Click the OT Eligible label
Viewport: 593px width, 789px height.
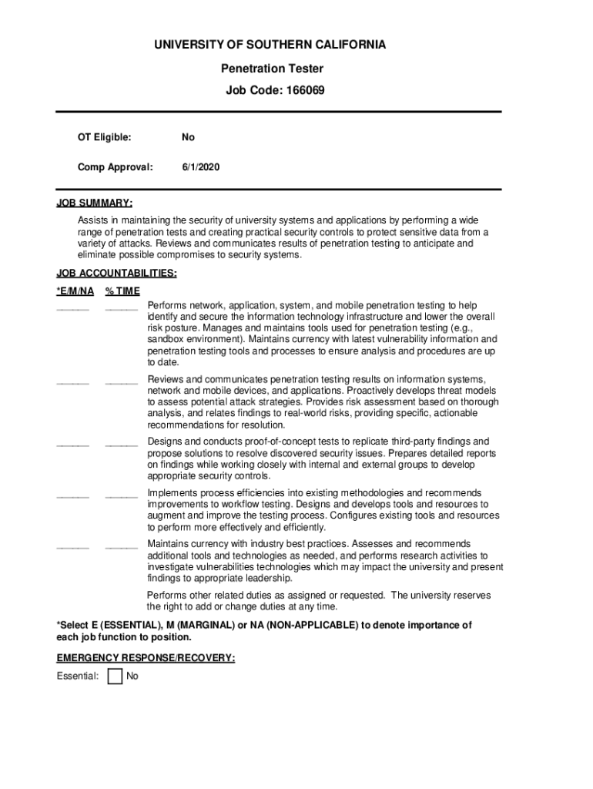click(x=104, y=137)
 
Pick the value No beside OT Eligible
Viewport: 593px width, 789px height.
click(x=188, y=137)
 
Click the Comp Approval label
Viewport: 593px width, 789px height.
click(x=115, y=166)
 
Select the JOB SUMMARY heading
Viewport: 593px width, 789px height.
click(x=94, y=203)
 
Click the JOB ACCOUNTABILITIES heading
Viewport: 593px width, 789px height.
click(x=116, y=274)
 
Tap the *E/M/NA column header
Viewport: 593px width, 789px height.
click(x=75, y=290)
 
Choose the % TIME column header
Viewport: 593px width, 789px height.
click(x=122, y=290)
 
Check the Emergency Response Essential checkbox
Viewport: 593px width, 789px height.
click(x=115, y=677)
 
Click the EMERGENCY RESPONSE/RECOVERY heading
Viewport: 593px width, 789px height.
click(x=146, y=658)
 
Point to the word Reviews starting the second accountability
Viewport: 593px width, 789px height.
click(x=165, y=379)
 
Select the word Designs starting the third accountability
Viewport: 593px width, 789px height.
click(x=164, y=442)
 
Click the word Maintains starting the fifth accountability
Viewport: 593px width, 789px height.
click(x=169, y=544)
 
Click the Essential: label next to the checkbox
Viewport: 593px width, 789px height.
click(x=78, y=677)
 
